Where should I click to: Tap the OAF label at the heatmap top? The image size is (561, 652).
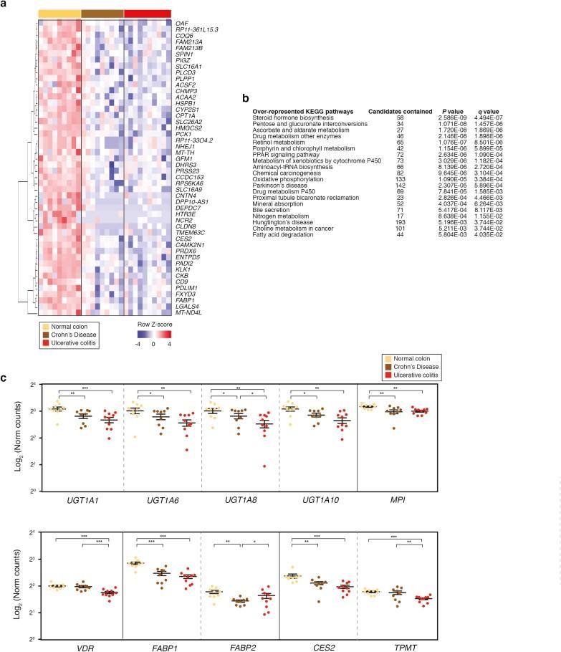[x=182, y=23]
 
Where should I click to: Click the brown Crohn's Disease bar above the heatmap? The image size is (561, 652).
[x=102, y=14]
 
